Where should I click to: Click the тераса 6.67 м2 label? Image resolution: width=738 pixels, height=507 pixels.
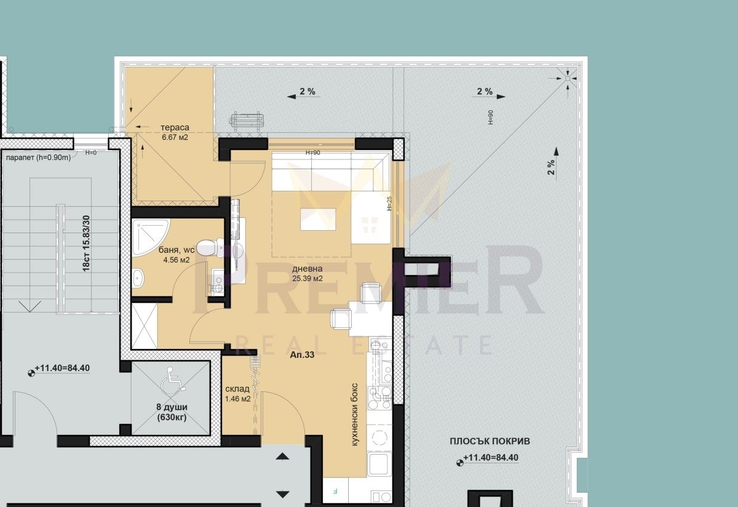coord(175,132)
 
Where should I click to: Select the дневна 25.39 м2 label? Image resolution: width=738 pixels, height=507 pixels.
coord(307,274)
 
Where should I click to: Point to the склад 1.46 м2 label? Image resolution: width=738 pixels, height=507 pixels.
coord(237,394)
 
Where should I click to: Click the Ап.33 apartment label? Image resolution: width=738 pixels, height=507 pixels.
coord(302,354)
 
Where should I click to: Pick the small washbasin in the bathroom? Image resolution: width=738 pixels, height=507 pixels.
coord(138,279)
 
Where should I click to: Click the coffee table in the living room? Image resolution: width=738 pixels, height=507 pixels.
coord(318,219)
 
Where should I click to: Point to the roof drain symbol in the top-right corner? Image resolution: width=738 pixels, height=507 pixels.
coord(567,79)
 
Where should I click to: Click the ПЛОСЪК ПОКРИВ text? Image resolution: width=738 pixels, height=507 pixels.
coord(490,441)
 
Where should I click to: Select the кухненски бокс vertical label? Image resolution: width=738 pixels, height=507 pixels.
coord(354,415)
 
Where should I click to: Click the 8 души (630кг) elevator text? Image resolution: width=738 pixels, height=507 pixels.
coord(172,412)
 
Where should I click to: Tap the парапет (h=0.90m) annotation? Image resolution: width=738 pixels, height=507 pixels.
coord(39,158)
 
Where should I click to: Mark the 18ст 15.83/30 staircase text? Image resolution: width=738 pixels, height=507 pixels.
coord(86,243)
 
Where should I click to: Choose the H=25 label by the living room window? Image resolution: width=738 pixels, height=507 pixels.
coord(389,204)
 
